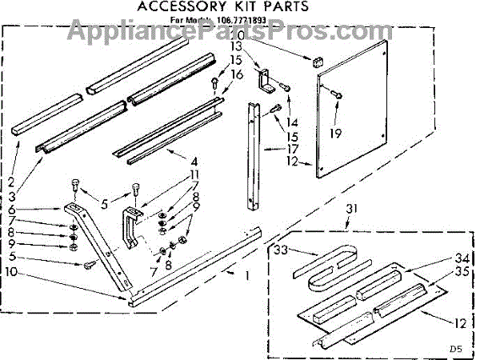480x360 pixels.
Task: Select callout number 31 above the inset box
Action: point(350,210)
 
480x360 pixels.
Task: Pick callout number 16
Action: point(236,74)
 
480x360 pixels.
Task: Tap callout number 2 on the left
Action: point(11,182)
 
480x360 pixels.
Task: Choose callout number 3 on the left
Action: point(11,194)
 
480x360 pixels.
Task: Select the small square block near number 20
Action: point(314,60)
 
